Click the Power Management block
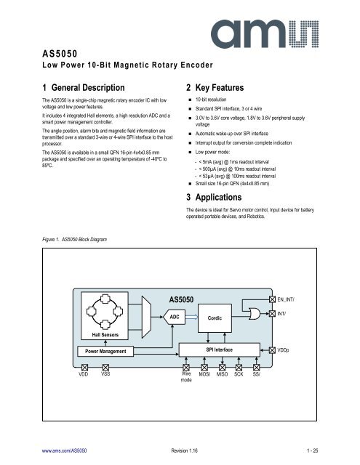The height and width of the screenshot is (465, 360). tap(101, 352)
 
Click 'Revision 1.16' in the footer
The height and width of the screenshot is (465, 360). tap(179, 450)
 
